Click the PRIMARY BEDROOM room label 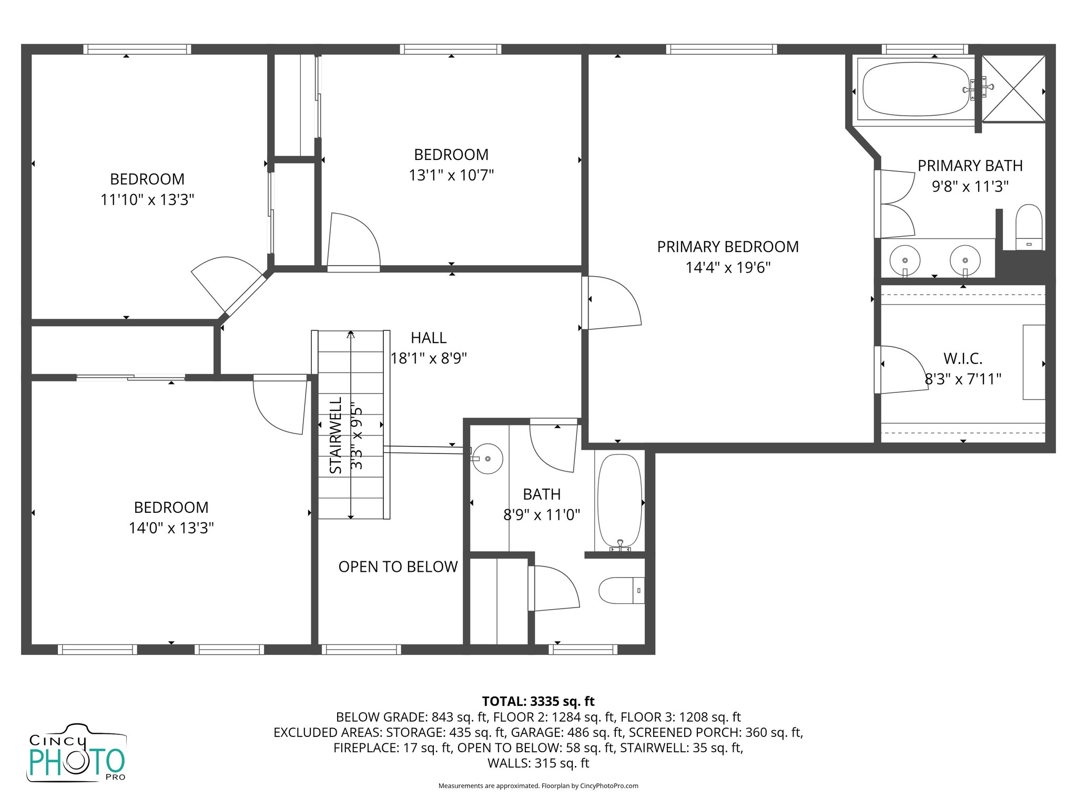[727, 247]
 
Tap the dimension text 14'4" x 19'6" [727, 268]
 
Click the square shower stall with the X [1013, 89]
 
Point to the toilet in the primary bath [1029, 227]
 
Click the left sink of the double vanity [905, 260]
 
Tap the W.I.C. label [962, 359]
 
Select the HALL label [428, 338]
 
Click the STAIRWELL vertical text [336, 436]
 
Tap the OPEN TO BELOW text [398, 567]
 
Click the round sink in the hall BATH [487, 459]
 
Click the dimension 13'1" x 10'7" [451, 175]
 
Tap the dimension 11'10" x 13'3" [147, 200]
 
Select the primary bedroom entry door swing [613, 304]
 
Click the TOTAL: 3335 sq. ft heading [538, 701]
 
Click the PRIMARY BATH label [970, 166]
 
